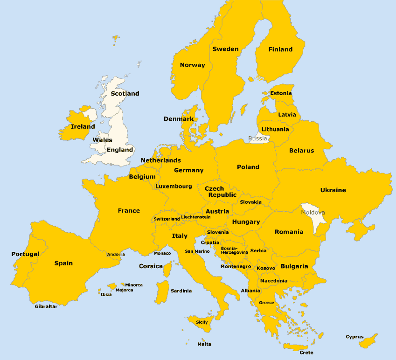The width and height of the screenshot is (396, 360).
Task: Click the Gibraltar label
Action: pyautogui.click(x=46, y=306)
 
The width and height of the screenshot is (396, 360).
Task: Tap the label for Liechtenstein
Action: pyautogui.click(x=196, y=217)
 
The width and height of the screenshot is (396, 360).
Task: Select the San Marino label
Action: pyautogui.click(x=197, y=251)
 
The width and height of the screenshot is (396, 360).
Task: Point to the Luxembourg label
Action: pyautogui.click(x=174, y=187)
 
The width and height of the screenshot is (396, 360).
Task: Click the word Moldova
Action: pyautogui.click(x=313, y=213)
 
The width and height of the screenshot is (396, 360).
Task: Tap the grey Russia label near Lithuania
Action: pyautogui.click(x=258, y=138)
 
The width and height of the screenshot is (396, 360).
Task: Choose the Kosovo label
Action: pyautogui.click(x=266, y=268)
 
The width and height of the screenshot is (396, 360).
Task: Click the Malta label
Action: pyautogui.click(x=204, y=344)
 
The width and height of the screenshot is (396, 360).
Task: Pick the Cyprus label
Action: pyautogui.click(x=354, y=337)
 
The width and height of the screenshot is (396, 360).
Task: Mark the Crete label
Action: pyautogui.click(x=306, y=353)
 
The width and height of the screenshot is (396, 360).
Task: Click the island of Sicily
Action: pyautogui.click(x=201, y=321)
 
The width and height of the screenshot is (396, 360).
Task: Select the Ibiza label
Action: pyautogui.click(x=106, y=294)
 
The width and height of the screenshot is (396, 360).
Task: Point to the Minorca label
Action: pyautogui.click(x=134, y=285)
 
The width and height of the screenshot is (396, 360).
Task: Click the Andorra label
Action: pyautogui.click(x=116, y=254)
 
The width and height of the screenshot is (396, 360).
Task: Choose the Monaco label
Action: pyautogui.click(x=162, y=253)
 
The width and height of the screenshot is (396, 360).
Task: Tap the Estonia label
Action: pyautogui.click(x=281, y=93)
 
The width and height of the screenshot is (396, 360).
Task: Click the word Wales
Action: pyautogui.click(x=102, y=140)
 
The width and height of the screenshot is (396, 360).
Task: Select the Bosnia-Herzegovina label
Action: pyautogui.click(x=234, y=250)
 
